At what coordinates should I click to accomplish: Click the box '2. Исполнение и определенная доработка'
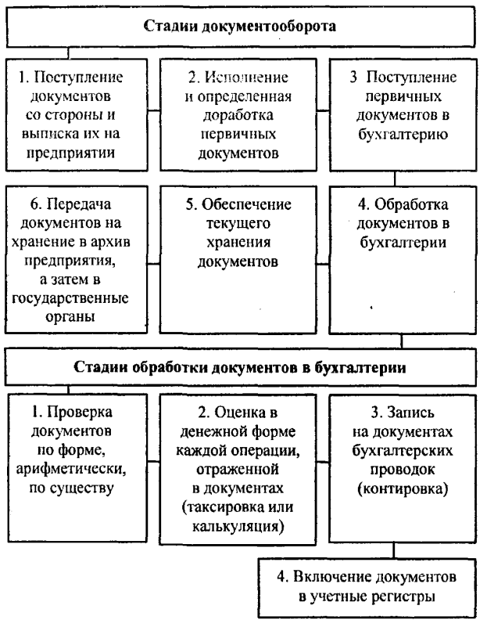point(237,114)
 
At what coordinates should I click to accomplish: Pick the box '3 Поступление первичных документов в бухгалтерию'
point(401,114)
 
